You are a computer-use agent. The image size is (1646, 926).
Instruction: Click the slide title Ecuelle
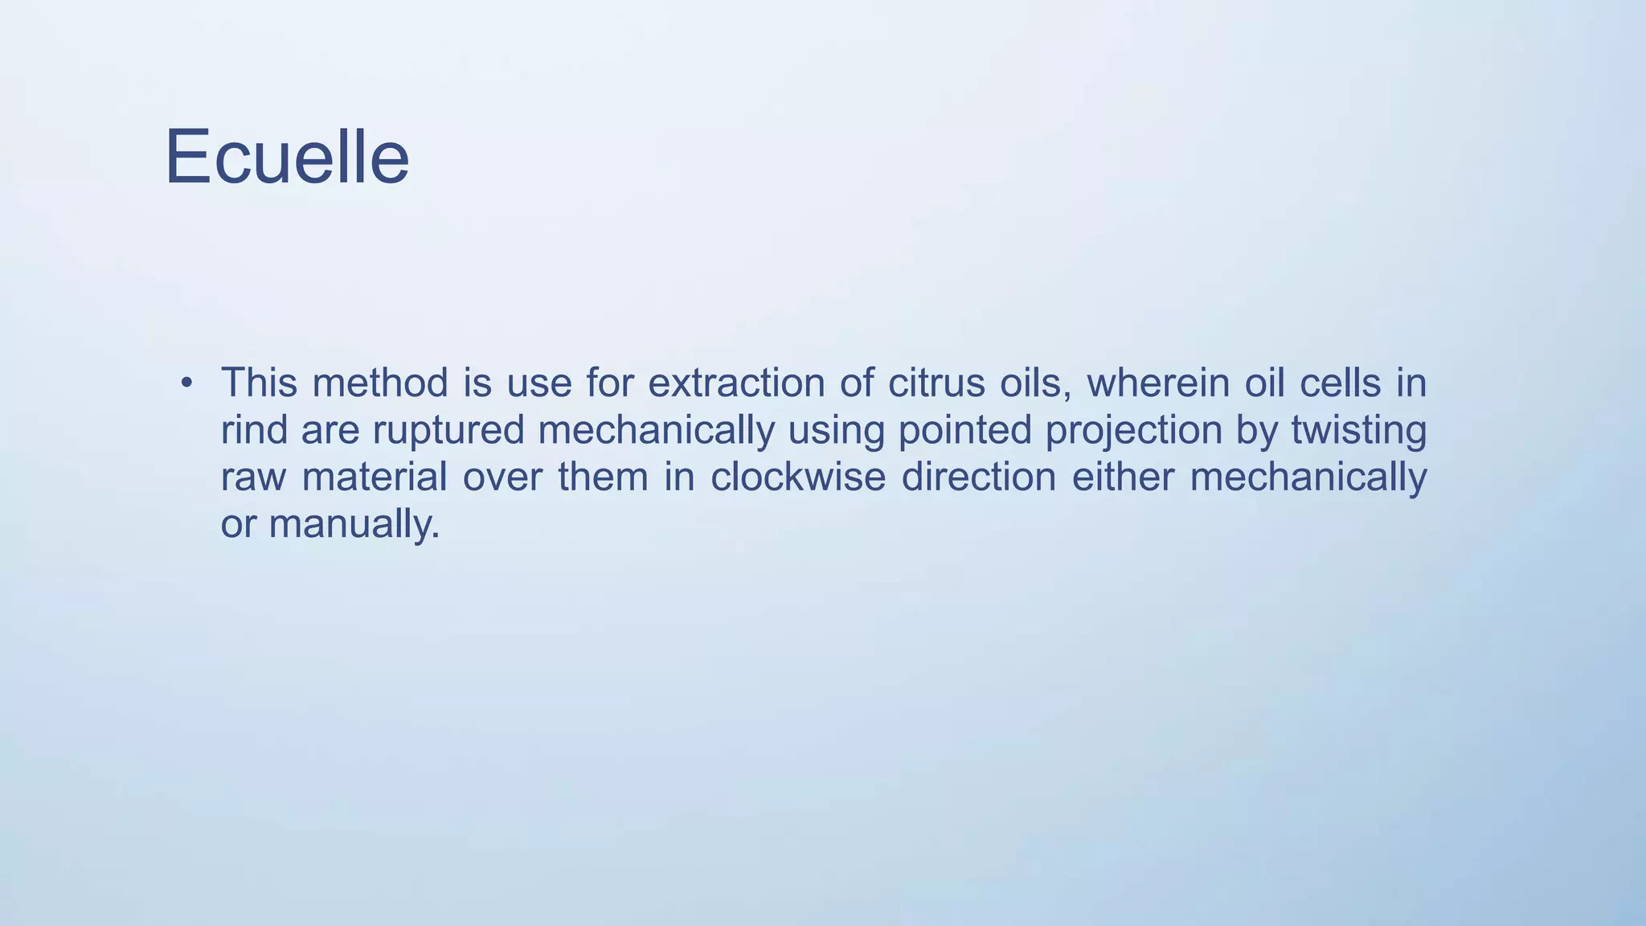(x=287, y=158)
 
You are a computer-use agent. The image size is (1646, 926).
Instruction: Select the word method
(x=379, y=383)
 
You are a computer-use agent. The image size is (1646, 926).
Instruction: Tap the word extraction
(x=736, y=383)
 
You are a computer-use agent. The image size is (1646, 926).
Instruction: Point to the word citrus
(x=936, y=383)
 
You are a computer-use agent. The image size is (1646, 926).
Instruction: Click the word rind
(x=253, y=430)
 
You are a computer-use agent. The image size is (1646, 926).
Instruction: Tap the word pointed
(x=964, y=430)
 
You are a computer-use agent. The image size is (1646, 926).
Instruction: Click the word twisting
(x=1358, y=430)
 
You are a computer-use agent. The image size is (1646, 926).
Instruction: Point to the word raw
(x=253, y=477)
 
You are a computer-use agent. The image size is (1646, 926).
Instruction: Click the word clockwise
(x=797, y=477)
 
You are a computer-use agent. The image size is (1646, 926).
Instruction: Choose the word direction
(x=978, y=477)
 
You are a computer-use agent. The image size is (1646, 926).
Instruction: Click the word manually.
(x=354, y=525)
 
